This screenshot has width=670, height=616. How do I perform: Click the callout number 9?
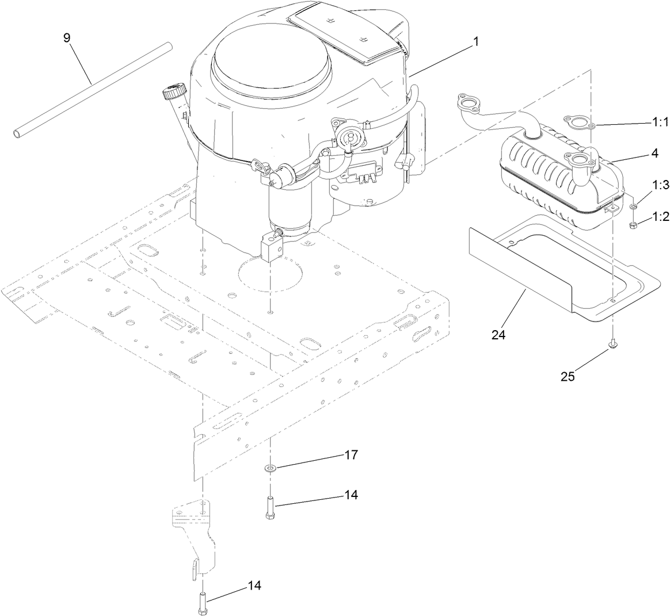point(67,38)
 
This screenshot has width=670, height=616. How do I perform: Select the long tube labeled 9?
point(92,89)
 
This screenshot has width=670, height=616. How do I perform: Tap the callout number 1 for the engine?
point(475,42)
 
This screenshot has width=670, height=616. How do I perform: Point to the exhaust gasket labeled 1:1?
point(580,123)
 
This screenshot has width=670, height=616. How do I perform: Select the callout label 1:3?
point(661,185)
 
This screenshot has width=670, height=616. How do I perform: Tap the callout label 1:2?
point(661,216)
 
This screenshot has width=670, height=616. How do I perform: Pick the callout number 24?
point(498,335)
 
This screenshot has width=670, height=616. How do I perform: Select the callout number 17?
point(351,455)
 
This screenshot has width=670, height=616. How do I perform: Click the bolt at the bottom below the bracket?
point(203,604)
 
